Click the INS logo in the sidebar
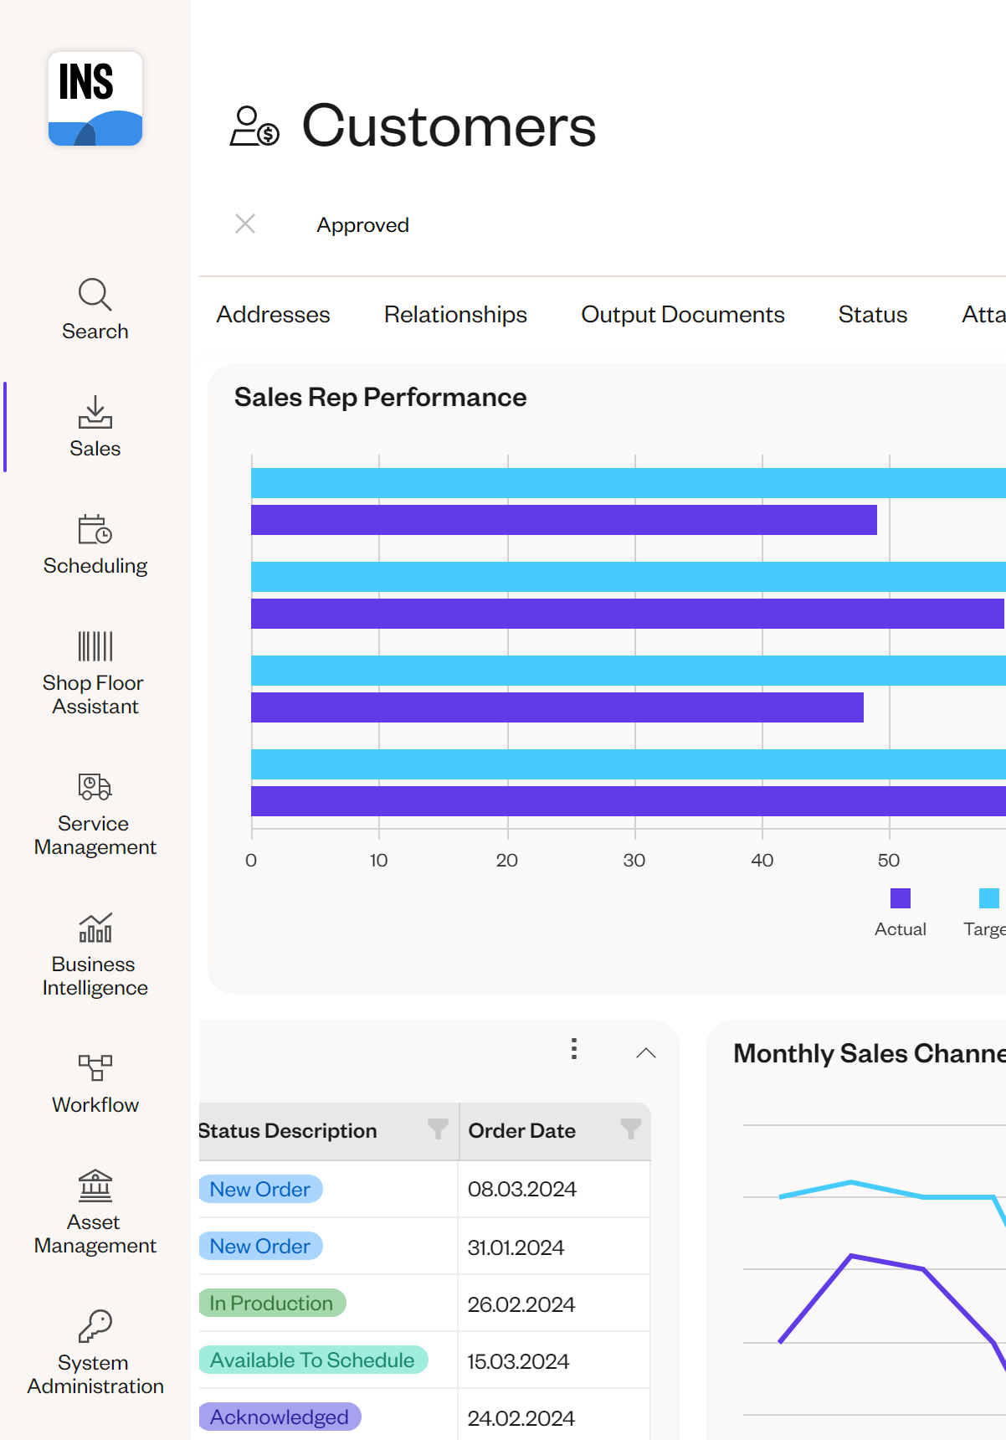pyautogui.click(x=95, y=99)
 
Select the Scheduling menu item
pyautogui.click(x=95, y=545)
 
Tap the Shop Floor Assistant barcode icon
pyautogui.click(x=95, y=646)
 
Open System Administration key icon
pyautogui.click(x=95, y=1326)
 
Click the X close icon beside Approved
pyautogui.click(x=245, y=224)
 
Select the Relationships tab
pyautogui.click(x=455, y=315)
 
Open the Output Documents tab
pyautogui.click(x=683, y=315)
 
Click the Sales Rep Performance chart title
pyautogui.click(x=380, y=398)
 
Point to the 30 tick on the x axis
pyautogui.click(x=634, y=861)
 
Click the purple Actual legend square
pyautogui.click(x=901, y=898)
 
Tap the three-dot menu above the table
pyautogui.click(x=574, y=1049)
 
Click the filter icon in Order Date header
pyautogui.click(x=630, y=1129)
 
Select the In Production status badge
pyautogui.click(x=271, y=1304)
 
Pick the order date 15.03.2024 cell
pyautogui.click(x=518, y=1362)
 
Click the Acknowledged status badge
pyautogui.click(x=280, y=1417)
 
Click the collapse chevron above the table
pyautogui.click(x=646, y=1053)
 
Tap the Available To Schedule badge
pyautogui.click(x=312, y=1360)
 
